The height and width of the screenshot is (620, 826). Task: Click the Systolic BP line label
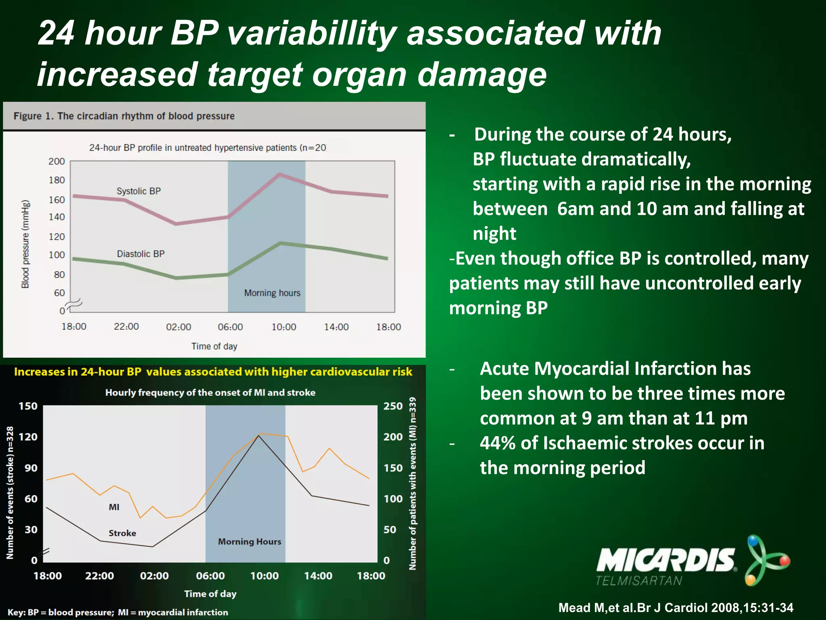[x=138, y=191]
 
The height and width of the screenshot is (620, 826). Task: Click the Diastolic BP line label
[x=140, y=254]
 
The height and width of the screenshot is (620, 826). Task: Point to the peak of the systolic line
[x=280, y=174]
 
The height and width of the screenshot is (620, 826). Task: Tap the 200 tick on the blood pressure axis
[x=56, y=161]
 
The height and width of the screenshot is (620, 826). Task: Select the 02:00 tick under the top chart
[x=178, y=327]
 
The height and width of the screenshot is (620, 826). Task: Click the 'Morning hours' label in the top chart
[x=272, y=293]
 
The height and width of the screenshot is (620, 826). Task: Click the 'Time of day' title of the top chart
[x=214, y=346]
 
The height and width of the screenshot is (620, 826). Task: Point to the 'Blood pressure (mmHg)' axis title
[x=25, y=244]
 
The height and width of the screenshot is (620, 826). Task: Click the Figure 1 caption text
[x=124, y=116]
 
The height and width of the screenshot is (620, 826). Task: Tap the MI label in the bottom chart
[x=114, y=507]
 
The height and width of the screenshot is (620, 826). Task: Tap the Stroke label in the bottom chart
[x=122, y=533]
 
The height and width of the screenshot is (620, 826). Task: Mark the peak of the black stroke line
[x=259, y=436]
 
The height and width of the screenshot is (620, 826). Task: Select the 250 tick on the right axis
[x=393, y=406]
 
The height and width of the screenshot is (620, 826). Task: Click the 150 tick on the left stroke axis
[x=28, y=406]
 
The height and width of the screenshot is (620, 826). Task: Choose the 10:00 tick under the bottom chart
[x=264, y=576]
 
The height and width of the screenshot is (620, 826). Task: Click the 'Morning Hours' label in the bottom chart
[x=250, y=542]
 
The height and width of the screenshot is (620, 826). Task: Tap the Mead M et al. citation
[x=676, y=608]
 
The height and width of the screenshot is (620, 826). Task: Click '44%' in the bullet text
[x=497, y=443]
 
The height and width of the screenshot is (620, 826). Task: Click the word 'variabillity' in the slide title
[x=312, y=33]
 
